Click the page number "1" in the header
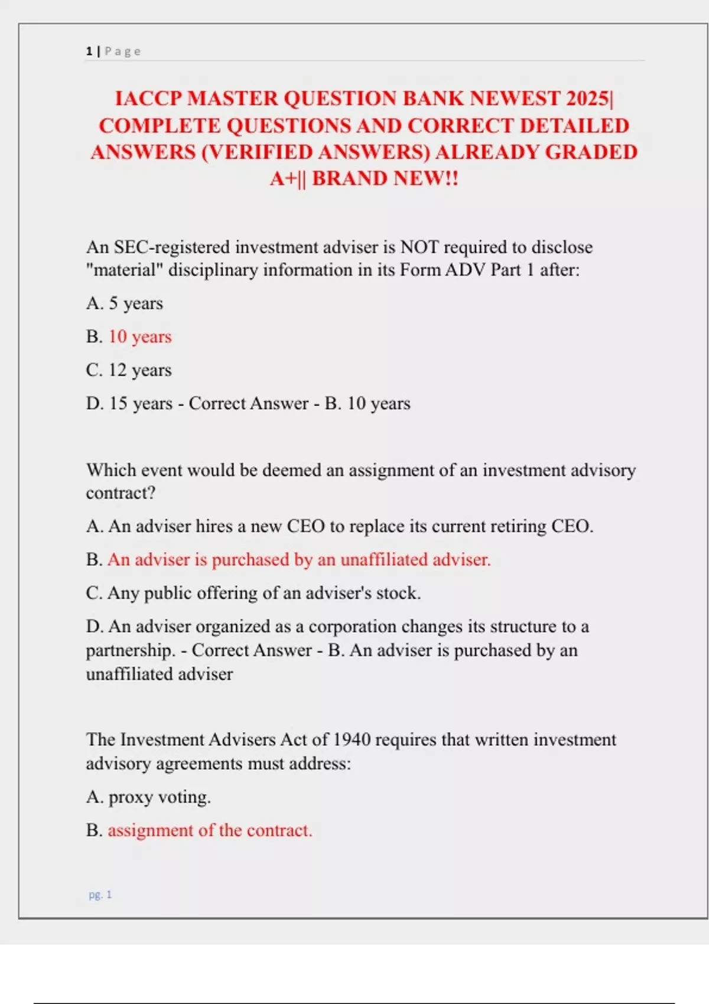[x=89, y=51]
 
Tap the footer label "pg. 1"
[x=100, y=895]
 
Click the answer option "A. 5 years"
[x=124, y=303]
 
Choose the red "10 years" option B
[x=140, y=337]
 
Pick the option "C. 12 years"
[x=129, y=370]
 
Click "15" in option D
[x=118, y=403]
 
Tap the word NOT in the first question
[x=419, y=247]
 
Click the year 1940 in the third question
[x=352, y=739]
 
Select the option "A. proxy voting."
[x=148, y=797]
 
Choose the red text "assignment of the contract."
[x=210, y=830]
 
